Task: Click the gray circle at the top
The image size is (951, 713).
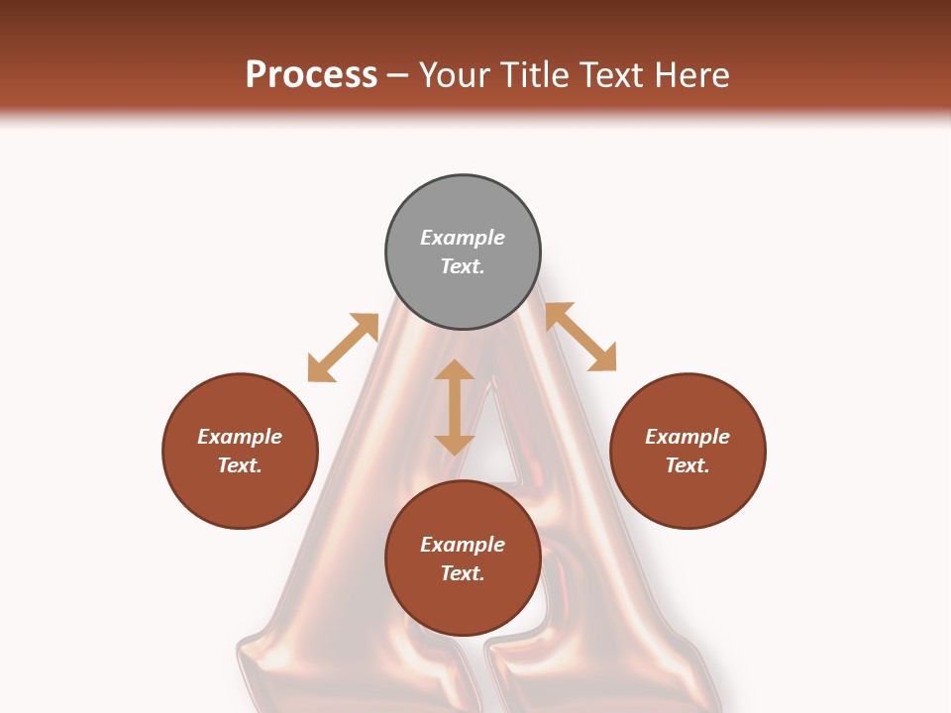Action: (463, 253)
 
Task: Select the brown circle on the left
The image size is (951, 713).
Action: (240, 451)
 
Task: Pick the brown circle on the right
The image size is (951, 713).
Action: (687, 451)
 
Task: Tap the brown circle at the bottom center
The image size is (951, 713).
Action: (463, 559)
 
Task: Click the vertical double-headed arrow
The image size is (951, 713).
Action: (455, 407)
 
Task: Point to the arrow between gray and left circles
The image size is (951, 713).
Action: (343, 348)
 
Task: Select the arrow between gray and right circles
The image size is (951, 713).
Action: (581, 337)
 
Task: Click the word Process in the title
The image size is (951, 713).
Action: (311, 74)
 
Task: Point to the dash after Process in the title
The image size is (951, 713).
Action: (398, 75)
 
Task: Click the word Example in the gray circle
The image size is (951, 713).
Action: (463, 238)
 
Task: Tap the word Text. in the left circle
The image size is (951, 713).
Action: (240, 465)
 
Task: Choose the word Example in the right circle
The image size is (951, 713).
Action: (687, 437)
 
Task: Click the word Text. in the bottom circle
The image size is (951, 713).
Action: (463, 573)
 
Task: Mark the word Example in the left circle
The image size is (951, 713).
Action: (240, 437)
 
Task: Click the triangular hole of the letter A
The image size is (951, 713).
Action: (495, 451)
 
